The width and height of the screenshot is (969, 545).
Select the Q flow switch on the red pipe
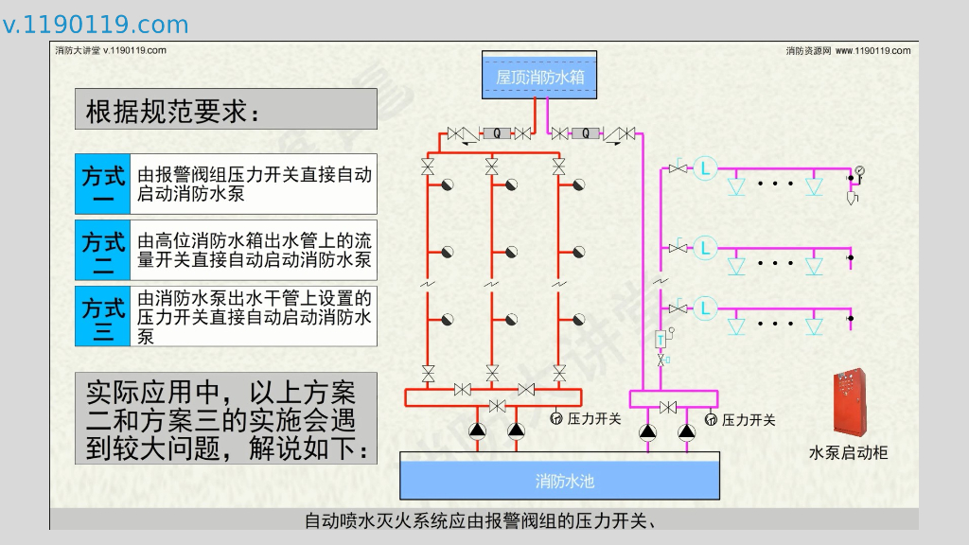[x=496, y=134]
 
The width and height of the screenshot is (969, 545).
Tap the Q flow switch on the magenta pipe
[x=586, y=134]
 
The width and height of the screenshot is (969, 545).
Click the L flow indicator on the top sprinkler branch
[x=705, y=169]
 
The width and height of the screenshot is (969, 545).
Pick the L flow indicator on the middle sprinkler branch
[x=705, y=248]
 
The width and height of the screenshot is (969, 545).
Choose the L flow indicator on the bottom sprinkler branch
[x=705, y=308]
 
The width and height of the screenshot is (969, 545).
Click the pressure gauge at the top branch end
[x=859, y=171]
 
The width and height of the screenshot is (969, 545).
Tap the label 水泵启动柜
[x=848, y=452]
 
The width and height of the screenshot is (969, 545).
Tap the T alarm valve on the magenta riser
[x=661, y=339]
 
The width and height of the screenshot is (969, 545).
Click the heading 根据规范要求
[x=171, y=111]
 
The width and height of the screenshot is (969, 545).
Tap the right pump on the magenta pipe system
[x=687, y=431]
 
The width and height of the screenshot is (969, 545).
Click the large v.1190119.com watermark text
[x=96, y=25]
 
